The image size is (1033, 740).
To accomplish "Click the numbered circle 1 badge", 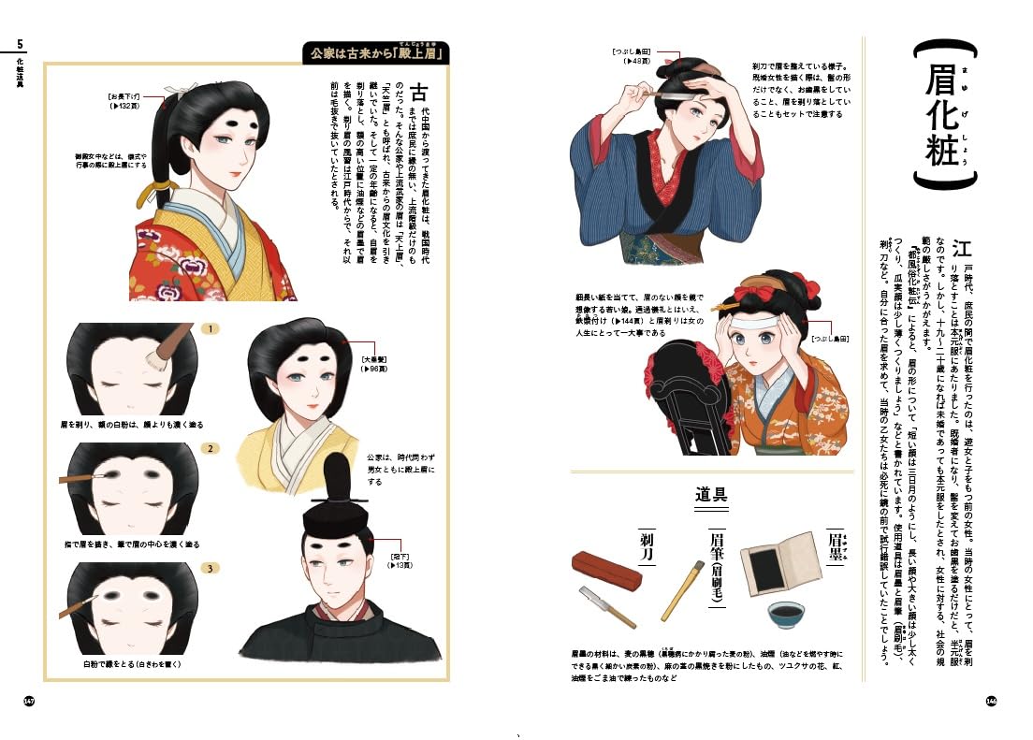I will click(x=211, y=329).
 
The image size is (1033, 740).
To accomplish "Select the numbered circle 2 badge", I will click(x=211, y=449).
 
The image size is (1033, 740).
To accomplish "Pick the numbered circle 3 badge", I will click(x=211, y=568).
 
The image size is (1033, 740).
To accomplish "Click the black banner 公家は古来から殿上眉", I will click(x=380, y=54).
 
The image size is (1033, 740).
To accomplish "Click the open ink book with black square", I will click(x=787, y=559).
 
